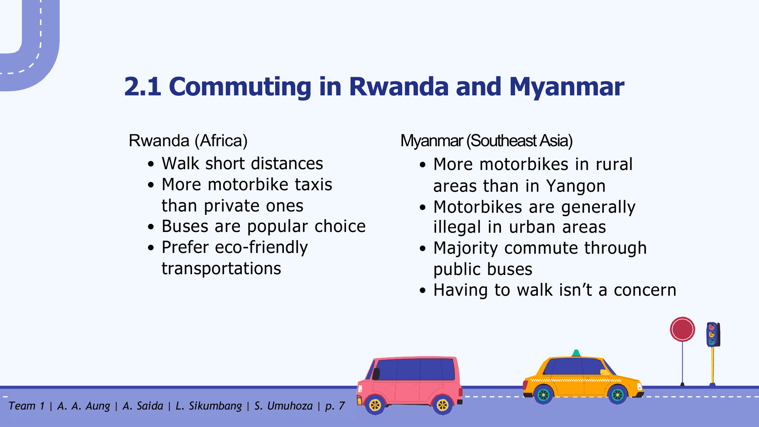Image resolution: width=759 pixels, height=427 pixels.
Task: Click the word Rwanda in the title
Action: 398,87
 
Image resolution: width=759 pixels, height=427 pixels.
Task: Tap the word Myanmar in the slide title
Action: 567,87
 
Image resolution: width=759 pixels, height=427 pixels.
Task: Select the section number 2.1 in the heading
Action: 143,87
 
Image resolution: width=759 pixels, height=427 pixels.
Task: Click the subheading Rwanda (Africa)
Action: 188,141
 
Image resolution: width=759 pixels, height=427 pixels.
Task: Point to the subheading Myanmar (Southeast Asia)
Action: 487,141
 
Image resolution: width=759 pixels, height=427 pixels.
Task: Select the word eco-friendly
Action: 261,247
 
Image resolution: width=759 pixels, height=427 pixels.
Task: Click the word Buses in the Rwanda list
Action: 185,227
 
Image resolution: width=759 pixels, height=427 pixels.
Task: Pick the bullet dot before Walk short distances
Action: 151,164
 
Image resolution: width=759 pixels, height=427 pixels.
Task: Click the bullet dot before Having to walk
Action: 423,291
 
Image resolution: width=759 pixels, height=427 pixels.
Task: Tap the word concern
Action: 645,290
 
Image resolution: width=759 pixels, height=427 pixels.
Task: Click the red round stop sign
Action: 682,329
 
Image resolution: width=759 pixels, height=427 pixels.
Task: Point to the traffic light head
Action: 713,334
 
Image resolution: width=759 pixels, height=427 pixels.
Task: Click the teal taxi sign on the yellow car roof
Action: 576,353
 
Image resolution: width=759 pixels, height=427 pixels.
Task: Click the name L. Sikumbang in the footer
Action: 208,406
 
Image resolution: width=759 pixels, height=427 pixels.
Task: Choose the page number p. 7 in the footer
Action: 335,406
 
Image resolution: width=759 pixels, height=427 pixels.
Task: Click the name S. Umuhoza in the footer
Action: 283,406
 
